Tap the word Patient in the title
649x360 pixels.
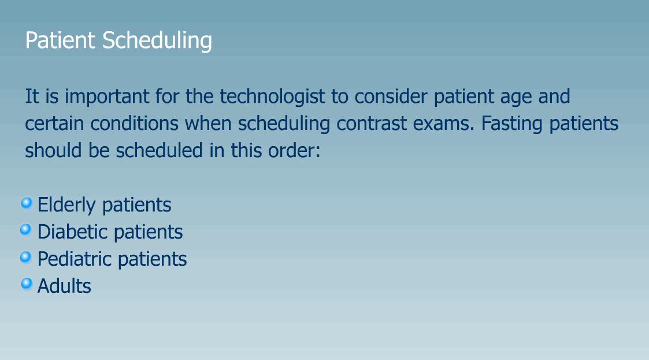pyautogui.click(x=60, y=40)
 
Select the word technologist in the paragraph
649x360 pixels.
pyautogui.click(x=272, y=97)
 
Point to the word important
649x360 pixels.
pyautogui.click(x=107, y=97)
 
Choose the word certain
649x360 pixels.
pyautogui.click(x=54, y=123)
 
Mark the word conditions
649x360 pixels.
pyautogui.click(x=135, y=123)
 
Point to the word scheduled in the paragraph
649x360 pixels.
pyautogui.click(x=159, y=150)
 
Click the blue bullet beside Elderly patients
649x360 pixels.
pyautogui.click(x=27, y=203)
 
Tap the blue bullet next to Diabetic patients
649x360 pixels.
pyautogui.click(x=25, y=229)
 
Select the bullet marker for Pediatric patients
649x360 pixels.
pyautogui.click(x=25, y=257)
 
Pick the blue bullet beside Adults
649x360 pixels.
pyautogui.click(x=27, y=284)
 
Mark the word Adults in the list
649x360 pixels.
pyautogui.click(x=64, y=286)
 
